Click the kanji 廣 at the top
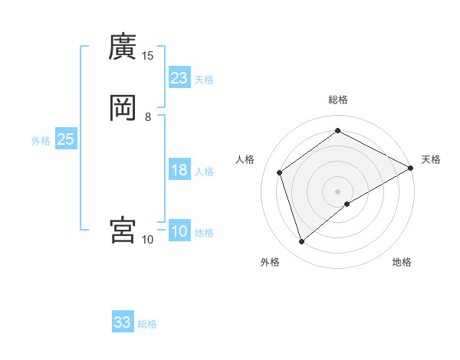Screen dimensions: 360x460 [x=123, y=47]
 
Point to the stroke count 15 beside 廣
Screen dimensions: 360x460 [x=148, y=56]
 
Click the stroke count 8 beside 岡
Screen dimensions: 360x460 [x=148, y=117]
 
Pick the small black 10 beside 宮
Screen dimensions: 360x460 [x=148, y=240]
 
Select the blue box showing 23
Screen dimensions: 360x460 [x=179, y=77]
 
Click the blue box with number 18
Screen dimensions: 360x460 [x=179, y=170]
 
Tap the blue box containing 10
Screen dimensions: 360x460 [x=179, y=231]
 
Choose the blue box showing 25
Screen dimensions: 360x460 [x=66, y=139]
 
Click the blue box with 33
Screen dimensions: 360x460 [x=123, y=322]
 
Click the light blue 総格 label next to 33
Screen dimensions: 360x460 [x=147, y=324]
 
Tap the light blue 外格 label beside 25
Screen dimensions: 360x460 [x=41, y=141]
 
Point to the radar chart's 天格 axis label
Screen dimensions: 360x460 [x=431, y=159]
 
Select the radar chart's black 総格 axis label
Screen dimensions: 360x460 [x=338, y=100]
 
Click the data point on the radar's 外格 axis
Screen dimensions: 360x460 [x=302, y=242]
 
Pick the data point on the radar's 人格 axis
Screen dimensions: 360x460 [x=280, y=172]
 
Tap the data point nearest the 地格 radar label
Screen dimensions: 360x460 [x=347, y=204]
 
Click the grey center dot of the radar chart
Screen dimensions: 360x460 [x=338, y=191]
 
